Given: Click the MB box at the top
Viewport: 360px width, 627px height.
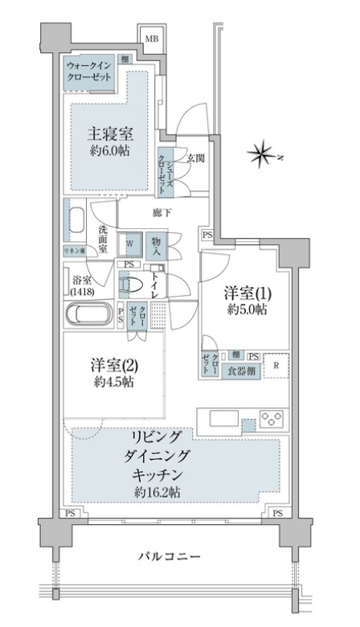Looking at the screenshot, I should click(150, 37).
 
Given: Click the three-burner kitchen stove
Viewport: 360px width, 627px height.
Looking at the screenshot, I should click(272, 419).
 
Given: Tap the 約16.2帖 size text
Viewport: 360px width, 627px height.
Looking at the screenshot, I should click(157, 490).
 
